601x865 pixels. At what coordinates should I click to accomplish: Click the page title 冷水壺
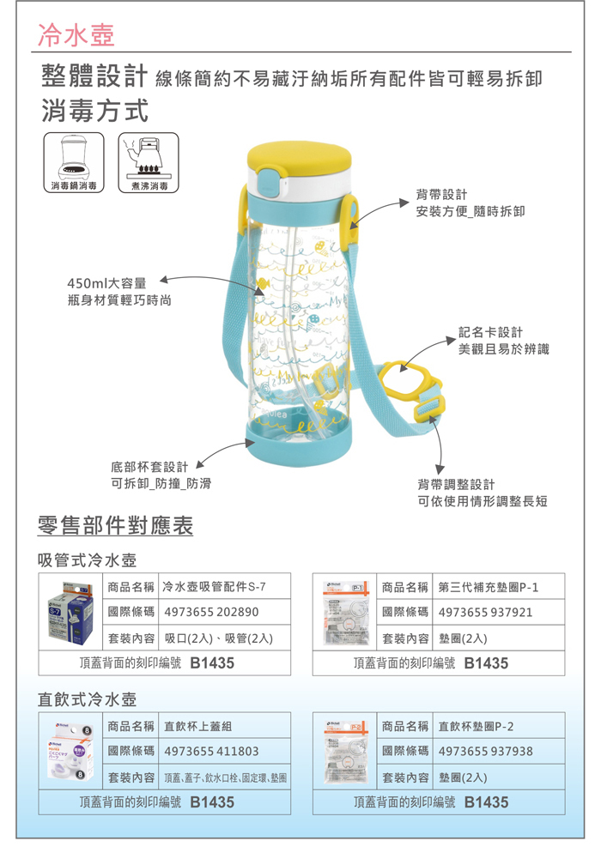[76, 34]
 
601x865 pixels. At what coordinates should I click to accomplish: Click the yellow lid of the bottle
[294, 156]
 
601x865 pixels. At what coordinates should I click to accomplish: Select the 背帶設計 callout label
[441, 194]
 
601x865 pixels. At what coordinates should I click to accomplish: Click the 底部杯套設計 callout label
[149, 467]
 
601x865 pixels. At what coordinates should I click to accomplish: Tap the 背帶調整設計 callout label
[456, 484]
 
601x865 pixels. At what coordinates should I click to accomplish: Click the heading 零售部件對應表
[116, 525]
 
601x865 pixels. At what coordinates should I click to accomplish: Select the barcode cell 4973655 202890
[210, 613]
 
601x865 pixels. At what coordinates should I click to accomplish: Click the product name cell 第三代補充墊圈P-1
[486, 587]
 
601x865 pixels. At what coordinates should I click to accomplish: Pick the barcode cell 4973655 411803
[210, 751]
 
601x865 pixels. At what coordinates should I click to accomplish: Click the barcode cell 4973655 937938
[486, 751]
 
